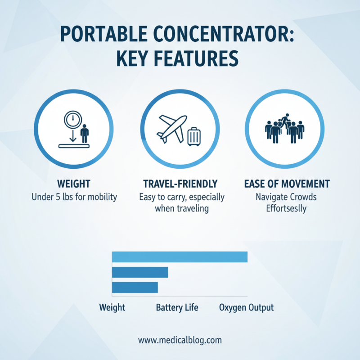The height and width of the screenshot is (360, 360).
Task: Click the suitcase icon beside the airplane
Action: tap(194, 136)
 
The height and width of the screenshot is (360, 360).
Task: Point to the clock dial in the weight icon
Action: tap(72, 119)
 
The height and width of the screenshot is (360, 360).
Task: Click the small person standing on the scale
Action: tap(84, 133)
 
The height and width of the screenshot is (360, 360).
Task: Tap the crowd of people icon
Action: tap(284, 128)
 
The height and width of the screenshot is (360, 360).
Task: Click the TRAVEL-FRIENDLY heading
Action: tap(180, 184)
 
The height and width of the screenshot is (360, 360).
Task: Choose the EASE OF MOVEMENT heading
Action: tap(287, 184)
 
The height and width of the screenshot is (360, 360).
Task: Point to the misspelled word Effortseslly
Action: tap(287, 208)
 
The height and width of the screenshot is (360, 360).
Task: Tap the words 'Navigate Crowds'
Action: tap(287, 197)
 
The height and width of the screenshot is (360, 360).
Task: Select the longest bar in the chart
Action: tap(180, 256)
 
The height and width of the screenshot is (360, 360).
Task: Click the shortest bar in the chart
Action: tap(135, 288)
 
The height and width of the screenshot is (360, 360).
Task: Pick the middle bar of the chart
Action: tap(139, 272)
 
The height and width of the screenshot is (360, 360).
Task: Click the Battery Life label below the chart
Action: tap(177, 308)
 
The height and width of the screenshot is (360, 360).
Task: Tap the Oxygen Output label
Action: tap(246, 308)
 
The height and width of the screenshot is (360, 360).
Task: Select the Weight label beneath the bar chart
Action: tap(112, 308)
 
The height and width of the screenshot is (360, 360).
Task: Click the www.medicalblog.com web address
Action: tap(180, 340)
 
